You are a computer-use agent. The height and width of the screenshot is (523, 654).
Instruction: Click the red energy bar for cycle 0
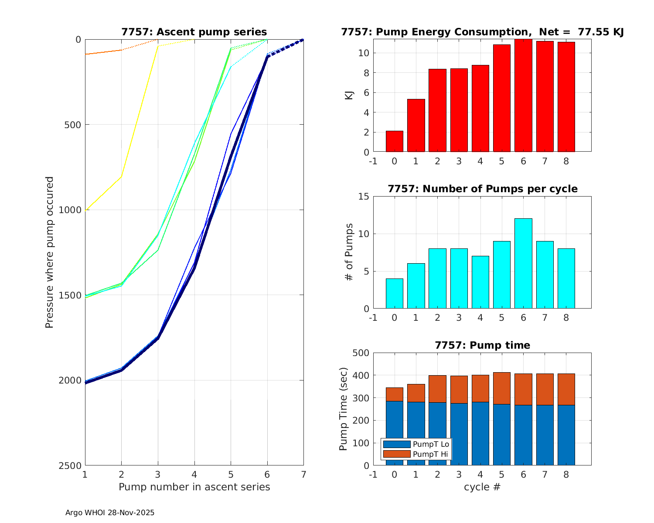pyautogui.click(x=394, y=141)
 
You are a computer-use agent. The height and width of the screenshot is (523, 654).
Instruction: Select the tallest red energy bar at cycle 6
pyautogui.click(x=523, y=95)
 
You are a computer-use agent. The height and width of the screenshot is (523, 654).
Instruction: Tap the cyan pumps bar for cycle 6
pyautogui.click(x=523, y=264)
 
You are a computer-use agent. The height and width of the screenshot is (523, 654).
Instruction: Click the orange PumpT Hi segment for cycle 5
pyautogui.click(x=501, y=388)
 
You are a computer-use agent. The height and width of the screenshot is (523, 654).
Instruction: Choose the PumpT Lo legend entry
pyautogui.click(x=416, y=444)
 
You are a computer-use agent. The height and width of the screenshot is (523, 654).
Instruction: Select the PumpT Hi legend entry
pyautogui.click(x=416, y=454)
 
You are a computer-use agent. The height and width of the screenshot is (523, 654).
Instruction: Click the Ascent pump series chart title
pyautogui.click(x=194, y=32)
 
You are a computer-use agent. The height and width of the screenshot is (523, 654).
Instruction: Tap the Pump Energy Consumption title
pyautogui.click(x=482, y=32)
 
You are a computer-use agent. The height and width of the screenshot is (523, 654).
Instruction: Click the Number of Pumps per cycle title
pyautogui.click(x=482, y=189)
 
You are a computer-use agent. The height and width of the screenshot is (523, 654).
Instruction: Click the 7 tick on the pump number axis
pyautogui.click(x=303, y=474)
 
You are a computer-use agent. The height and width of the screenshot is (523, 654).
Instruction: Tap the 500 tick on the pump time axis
pyautogui.click(x=361, y=353)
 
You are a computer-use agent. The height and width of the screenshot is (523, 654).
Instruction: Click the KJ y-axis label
pyautogui.click(x=349, y=95)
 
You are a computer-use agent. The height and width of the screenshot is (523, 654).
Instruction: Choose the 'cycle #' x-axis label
pyautogui.click(x=482, y=487)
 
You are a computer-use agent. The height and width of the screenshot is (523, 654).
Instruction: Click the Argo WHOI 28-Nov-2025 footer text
pyautogui.click(x=110, y=513)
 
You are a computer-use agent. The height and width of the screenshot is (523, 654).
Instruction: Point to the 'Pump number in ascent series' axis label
pyautogui.click(x=194, y=487)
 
